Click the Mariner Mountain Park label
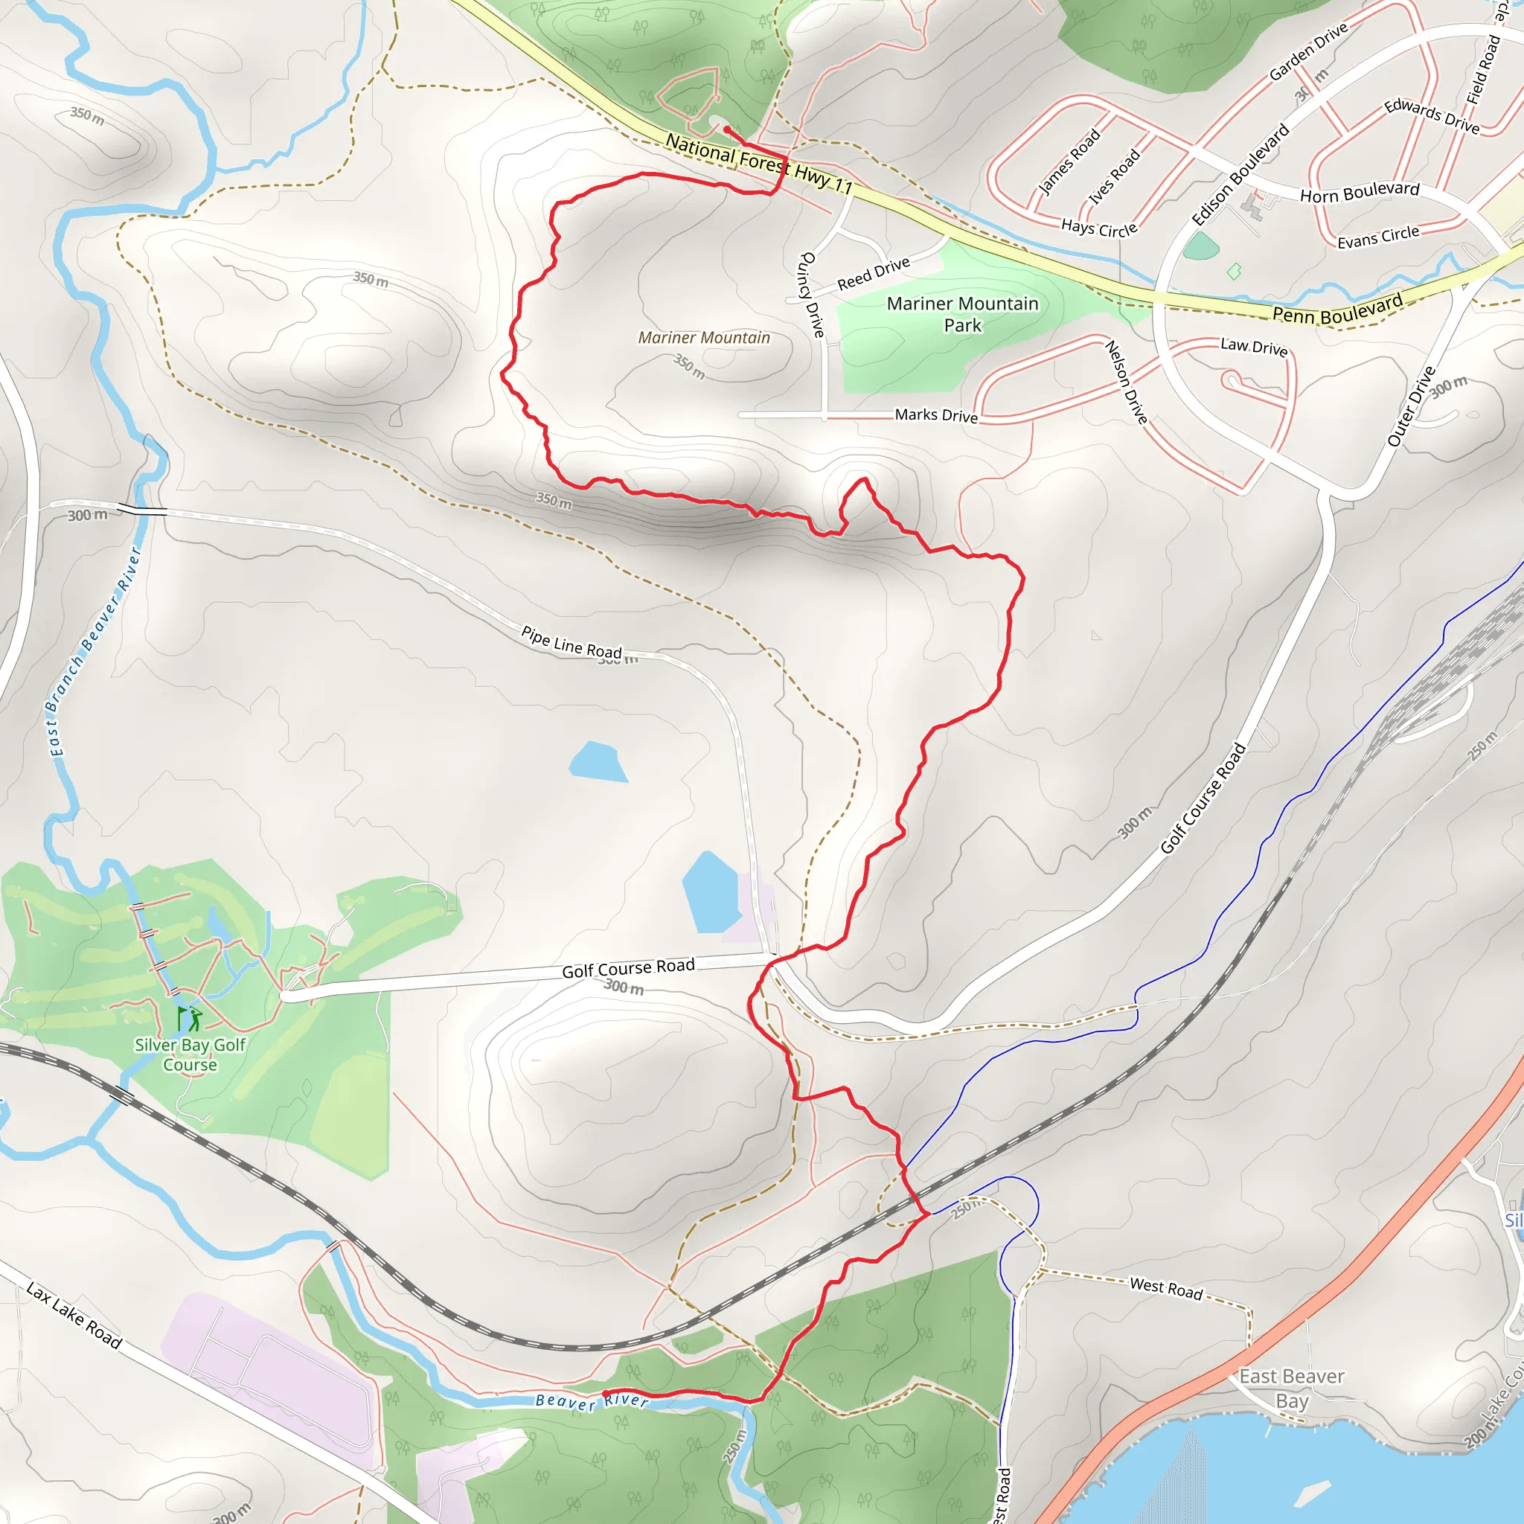962,314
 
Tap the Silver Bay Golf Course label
190,1054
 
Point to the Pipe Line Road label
571,641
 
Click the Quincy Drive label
812,295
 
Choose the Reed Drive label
873,273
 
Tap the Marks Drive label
935,415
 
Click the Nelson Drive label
1126,382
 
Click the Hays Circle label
1099,228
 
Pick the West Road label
1166,1289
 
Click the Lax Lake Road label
74,1315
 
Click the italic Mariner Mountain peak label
704,338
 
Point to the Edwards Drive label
1432,116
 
